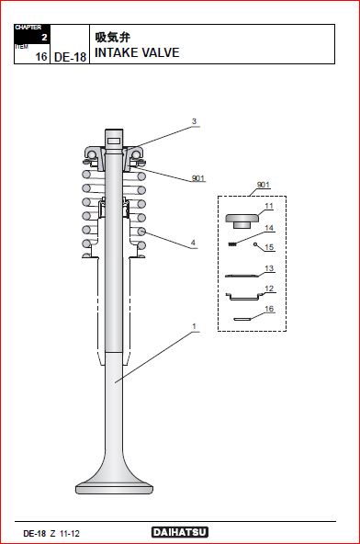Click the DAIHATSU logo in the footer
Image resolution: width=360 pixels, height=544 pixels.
(180, 532)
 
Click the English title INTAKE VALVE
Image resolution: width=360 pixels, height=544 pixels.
(137, 52)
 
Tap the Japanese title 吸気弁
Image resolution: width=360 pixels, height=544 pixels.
(113, 37)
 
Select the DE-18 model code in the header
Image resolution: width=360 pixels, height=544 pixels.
(70, 57)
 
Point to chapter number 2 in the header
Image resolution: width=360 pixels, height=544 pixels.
(44, 37)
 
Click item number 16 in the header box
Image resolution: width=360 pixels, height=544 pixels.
(41, 57)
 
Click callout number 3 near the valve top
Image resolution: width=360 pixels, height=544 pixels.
(194, 121)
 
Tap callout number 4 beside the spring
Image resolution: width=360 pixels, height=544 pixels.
(194, 243)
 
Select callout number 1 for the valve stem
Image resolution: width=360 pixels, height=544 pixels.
(194, 326)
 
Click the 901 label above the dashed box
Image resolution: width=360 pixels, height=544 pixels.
(264, 185)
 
